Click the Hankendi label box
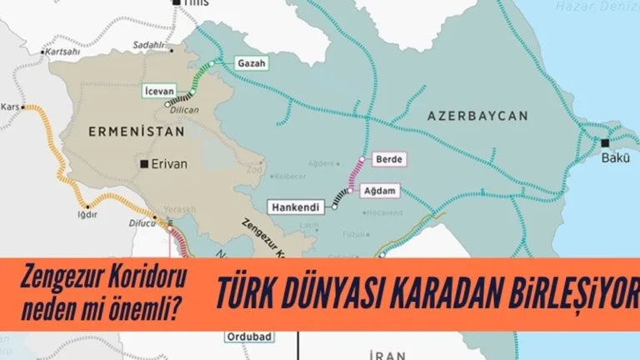297,206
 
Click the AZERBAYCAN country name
477,117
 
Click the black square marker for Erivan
145,163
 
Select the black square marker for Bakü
605,143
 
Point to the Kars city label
10,107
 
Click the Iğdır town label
87,215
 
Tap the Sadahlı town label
149,44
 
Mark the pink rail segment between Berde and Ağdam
354,175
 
